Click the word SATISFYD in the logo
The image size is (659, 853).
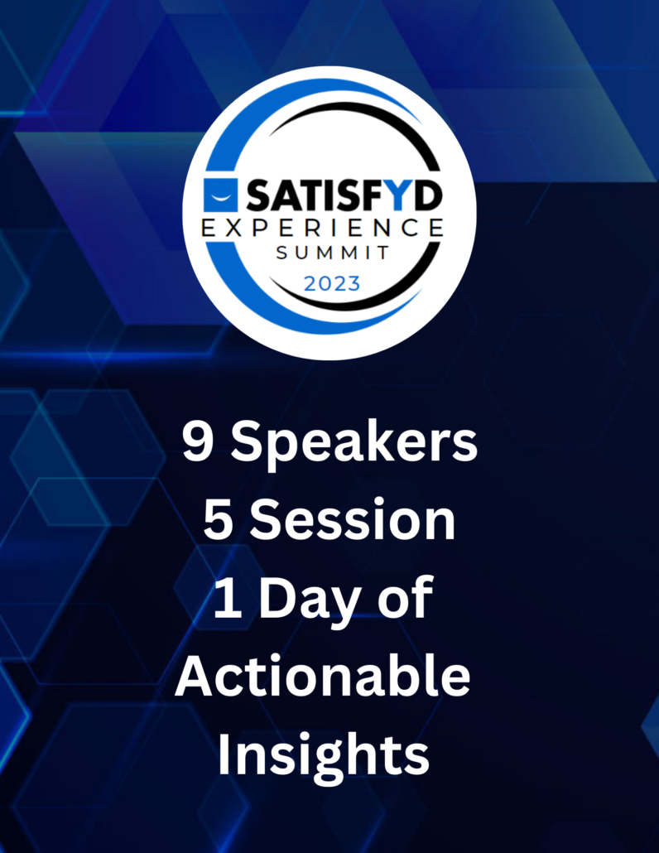point(344,195)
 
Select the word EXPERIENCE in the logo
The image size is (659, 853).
point(323,228)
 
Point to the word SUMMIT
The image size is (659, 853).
point(333,253)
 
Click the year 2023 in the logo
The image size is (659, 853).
point(332,283)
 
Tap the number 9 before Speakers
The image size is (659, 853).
point(196,441)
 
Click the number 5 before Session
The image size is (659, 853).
point(218,520)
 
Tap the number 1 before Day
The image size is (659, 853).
point(227,598)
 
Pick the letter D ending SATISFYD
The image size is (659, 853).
point(428,195)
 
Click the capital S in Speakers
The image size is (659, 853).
point(247,441)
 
